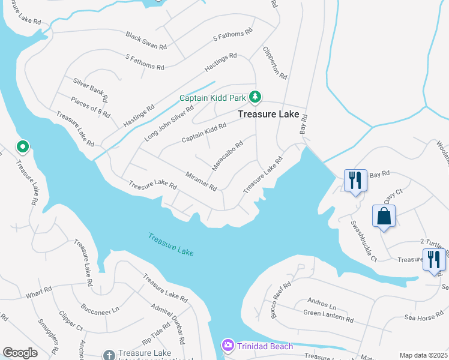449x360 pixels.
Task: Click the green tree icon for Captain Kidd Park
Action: pos(255,97)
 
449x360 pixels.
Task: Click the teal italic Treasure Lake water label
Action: pos(171,245)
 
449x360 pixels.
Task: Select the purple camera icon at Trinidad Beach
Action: pos(228,345)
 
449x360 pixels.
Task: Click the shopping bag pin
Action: pos(384,216)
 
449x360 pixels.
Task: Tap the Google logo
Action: pos(20,353)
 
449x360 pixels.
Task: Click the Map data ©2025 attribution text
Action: pos(423,355)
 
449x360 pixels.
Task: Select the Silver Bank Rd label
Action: pos(91,88)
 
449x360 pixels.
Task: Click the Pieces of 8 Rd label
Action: pos(90,106)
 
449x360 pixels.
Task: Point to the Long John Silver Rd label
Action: pos(169,123)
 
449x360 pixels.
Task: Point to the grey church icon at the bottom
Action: pos(108,355)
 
